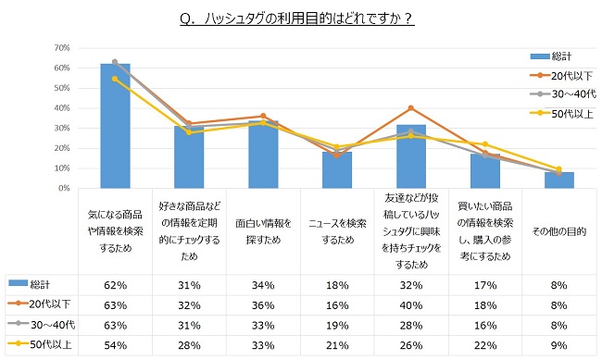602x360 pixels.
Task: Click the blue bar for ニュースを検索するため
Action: click(337, 170)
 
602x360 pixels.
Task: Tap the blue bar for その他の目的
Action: click(558, 180)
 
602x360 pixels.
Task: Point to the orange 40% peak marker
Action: click(410, 108)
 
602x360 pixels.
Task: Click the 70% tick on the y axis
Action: click(63, 48)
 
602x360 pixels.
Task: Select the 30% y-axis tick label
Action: click(63, 128)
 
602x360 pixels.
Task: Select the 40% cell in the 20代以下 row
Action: click(410, 304)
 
